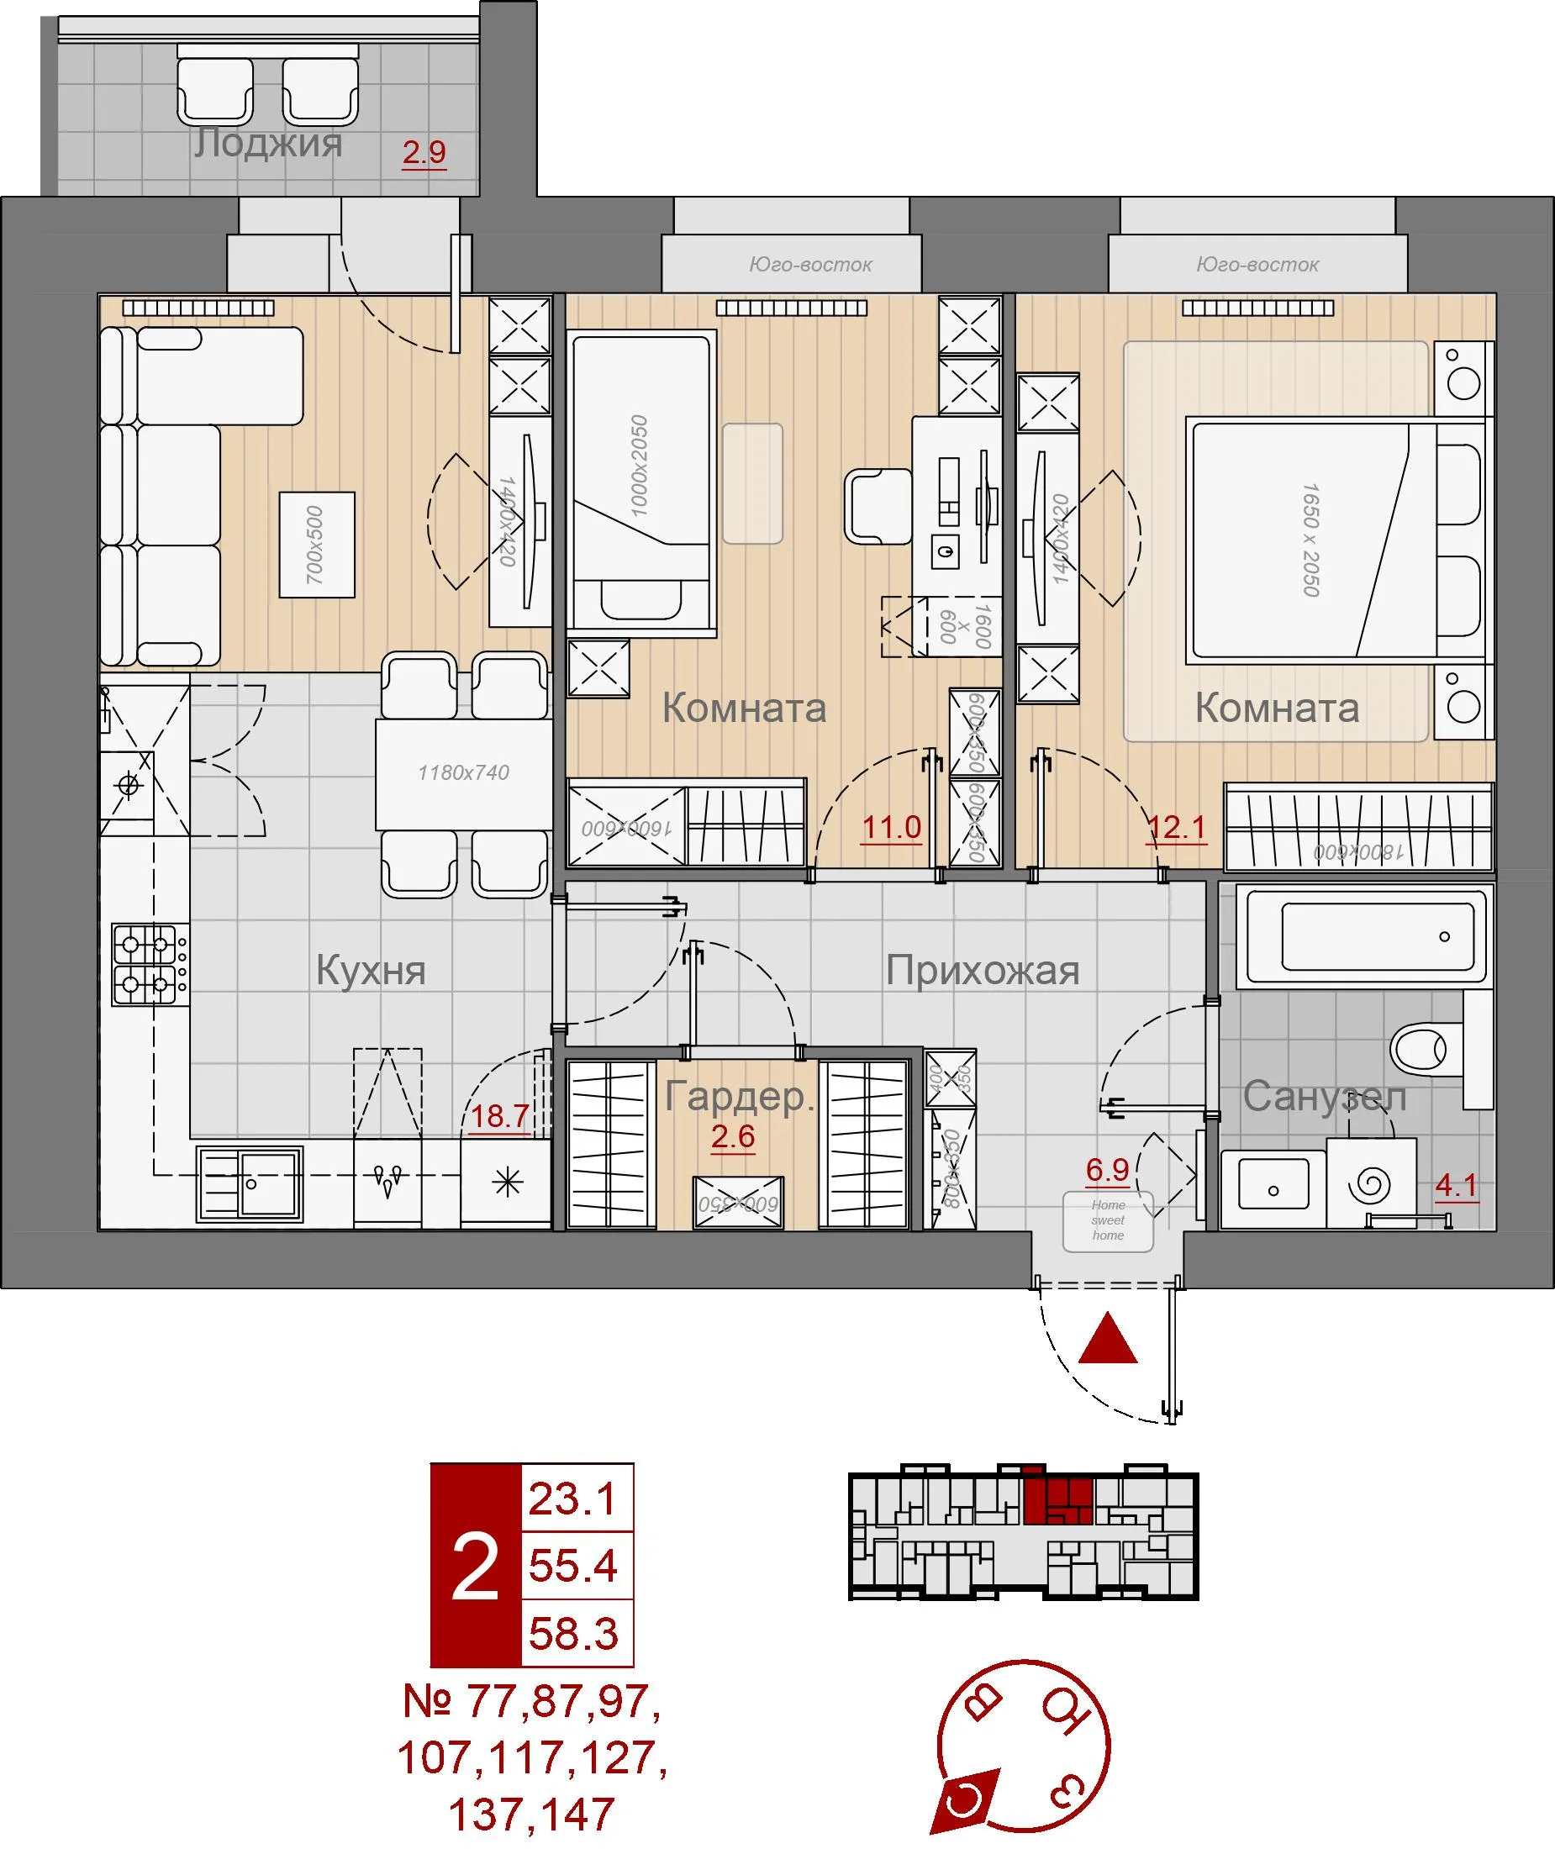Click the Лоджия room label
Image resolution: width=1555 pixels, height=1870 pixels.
click(268, 143)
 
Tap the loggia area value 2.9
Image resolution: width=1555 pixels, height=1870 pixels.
click(424, 152)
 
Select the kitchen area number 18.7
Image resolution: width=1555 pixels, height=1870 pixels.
click(499, 1116)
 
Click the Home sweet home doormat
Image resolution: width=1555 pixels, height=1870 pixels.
click(1108, 1220)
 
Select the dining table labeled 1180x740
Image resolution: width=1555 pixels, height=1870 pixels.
click(463, 773)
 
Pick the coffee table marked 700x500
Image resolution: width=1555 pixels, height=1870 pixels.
click(317, 544)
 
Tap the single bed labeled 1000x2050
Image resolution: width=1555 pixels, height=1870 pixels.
click(640, 481)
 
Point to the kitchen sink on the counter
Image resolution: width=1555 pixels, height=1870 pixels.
click(250, 1183)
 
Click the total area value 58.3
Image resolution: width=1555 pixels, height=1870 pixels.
click(573, 1634)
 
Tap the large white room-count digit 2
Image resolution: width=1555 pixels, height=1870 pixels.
click(475, 1567)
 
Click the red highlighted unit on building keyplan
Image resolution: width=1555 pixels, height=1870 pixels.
click(1057, 1502)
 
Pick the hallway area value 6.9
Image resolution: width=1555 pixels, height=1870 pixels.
click(1107, 1169)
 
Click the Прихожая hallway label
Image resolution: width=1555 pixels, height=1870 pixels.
click(983, 971)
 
